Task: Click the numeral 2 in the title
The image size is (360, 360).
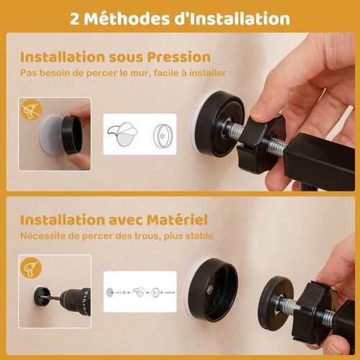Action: [x=76, y=18]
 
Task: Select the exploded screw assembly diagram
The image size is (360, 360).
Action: [x=140, y=292]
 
